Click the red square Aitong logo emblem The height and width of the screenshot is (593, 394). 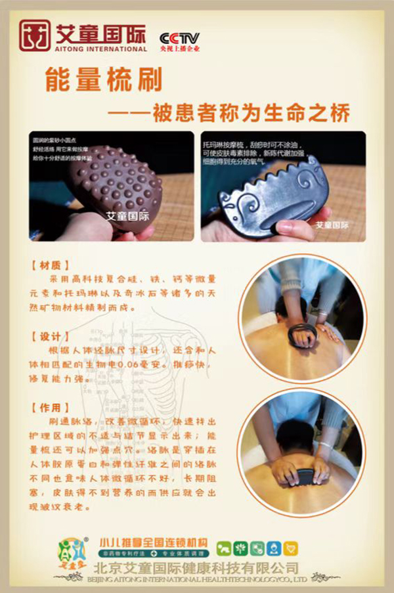pos(34,35)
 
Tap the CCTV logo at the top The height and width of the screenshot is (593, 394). pos(179,38)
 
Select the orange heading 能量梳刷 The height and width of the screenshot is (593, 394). pos(103,80)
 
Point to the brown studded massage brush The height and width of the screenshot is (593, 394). pos(118,184)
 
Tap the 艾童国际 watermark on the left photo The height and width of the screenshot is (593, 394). pos(127,216)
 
